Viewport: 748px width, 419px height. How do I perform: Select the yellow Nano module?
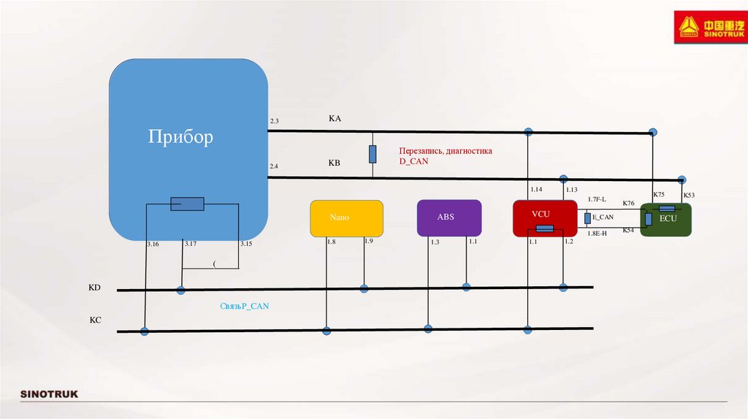346,218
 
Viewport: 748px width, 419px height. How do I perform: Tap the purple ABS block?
449,218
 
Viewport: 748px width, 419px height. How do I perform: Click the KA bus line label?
335,118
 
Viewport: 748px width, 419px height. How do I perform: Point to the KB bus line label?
334,164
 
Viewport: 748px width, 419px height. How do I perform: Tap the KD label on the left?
94,288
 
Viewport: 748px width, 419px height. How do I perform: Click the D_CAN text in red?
413,161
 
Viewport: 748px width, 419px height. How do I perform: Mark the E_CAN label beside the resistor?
603,217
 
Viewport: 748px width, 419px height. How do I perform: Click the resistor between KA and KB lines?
373,154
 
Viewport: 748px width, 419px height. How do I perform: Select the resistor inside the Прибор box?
187,204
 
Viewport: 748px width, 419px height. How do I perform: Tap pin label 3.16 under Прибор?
153,244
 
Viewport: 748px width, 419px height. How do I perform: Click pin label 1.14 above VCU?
536,190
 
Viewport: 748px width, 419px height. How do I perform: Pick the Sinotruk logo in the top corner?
707,28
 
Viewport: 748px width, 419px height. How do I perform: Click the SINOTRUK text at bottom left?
49,395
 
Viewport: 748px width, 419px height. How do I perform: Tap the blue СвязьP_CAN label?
245,306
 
